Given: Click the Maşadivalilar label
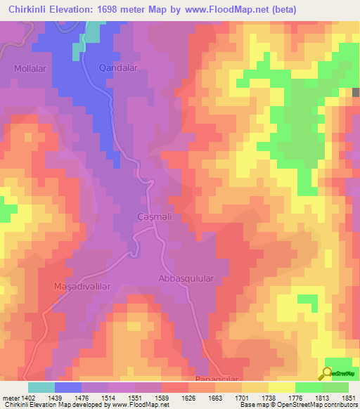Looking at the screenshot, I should click(x=82, y=287).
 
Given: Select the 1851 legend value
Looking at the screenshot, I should click(x=349, y=398).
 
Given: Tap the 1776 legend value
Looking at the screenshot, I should click(x=297, y=398).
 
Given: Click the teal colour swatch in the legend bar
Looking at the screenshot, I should click(x=41, y=387).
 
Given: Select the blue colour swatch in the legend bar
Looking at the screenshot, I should click(x=67, y=387).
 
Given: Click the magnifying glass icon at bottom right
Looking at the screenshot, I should click(x=328, y=372).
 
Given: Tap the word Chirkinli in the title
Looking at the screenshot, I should click(x=28, y=10).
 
